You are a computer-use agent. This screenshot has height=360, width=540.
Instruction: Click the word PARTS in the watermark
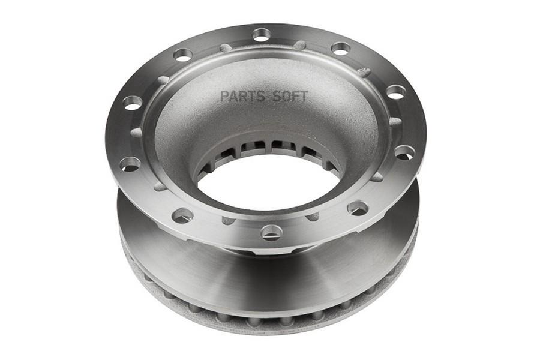pyautogui.click(x=243, y=97)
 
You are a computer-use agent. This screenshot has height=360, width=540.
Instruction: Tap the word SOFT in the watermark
pyautogui.click(x=290, y=97)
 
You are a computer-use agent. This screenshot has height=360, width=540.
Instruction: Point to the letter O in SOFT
pyautogui.click(x=285, y=97)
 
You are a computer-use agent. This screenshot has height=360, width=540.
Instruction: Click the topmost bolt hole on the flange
pyautogui.click(x=262, y=35)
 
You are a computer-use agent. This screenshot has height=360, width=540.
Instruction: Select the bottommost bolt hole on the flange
pyautogui.click(x=271, y=232)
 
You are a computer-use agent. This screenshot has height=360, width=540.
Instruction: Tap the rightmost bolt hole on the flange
pyautogui.click(x=404, y=152)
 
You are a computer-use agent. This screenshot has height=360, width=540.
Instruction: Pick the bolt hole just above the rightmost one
pyautogui.click(x=396, y=92)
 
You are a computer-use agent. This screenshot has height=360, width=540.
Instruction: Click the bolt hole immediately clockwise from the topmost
pyautogui.click(x=341, y=48)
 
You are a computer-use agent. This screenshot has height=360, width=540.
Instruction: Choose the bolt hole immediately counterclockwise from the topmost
pyautogui.click(x=183, y=55)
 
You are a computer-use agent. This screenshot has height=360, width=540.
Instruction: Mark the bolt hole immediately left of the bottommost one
pyautogui.click(x=182, y=215)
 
